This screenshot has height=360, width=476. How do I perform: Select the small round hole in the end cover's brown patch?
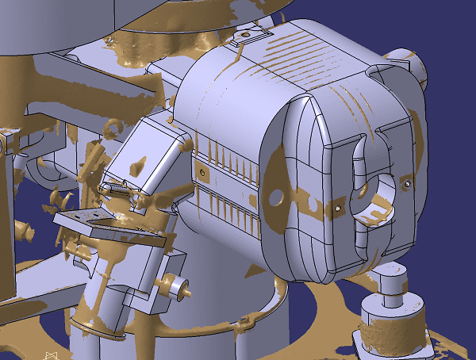[278, 195]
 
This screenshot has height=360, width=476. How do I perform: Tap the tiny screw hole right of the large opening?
[407, 184]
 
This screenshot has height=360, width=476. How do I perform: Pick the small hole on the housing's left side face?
[203, 171]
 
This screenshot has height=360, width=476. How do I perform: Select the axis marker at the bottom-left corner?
[51, 355]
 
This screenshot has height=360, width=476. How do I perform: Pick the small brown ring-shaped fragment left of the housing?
[114, 125]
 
